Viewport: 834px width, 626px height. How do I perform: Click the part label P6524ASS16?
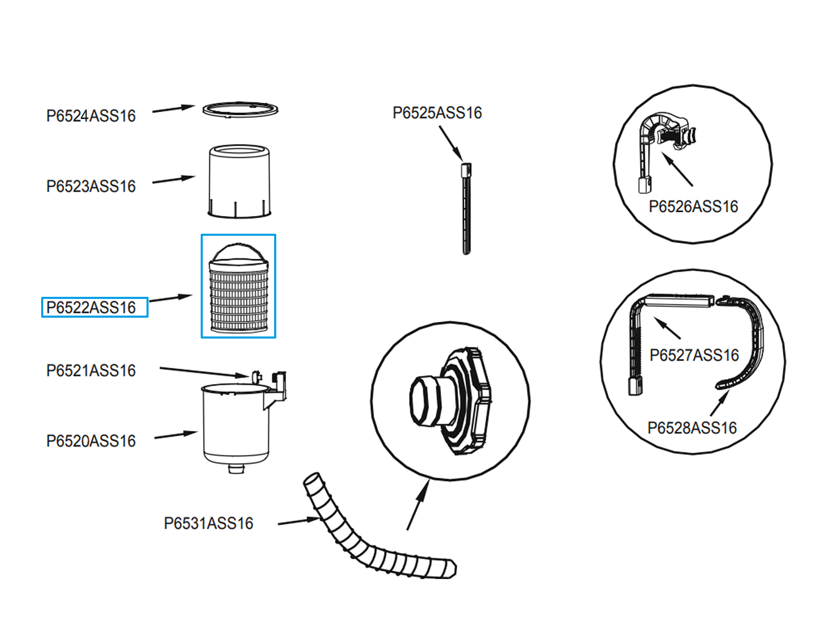[91, 116]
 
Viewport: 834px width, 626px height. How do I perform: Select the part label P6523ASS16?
[91, 186]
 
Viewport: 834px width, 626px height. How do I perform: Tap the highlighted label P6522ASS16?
[91, 307]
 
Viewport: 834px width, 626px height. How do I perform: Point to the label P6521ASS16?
[91, 370]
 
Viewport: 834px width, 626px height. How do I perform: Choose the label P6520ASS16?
[91, 441]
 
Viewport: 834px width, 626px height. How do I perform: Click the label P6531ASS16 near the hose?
[208, 523]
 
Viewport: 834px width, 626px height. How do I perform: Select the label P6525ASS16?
[437, 113]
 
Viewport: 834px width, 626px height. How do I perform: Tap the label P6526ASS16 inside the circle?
[693, 207]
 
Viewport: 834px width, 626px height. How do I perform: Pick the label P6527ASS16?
[694, 355]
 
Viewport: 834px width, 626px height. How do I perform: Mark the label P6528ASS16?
[692, 428]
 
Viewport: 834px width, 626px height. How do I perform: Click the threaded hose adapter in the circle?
[451, 401]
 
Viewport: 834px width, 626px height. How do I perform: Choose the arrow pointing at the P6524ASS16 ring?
[174, 109]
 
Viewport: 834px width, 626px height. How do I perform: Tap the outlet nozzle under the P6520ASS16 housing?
[236, 468]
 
